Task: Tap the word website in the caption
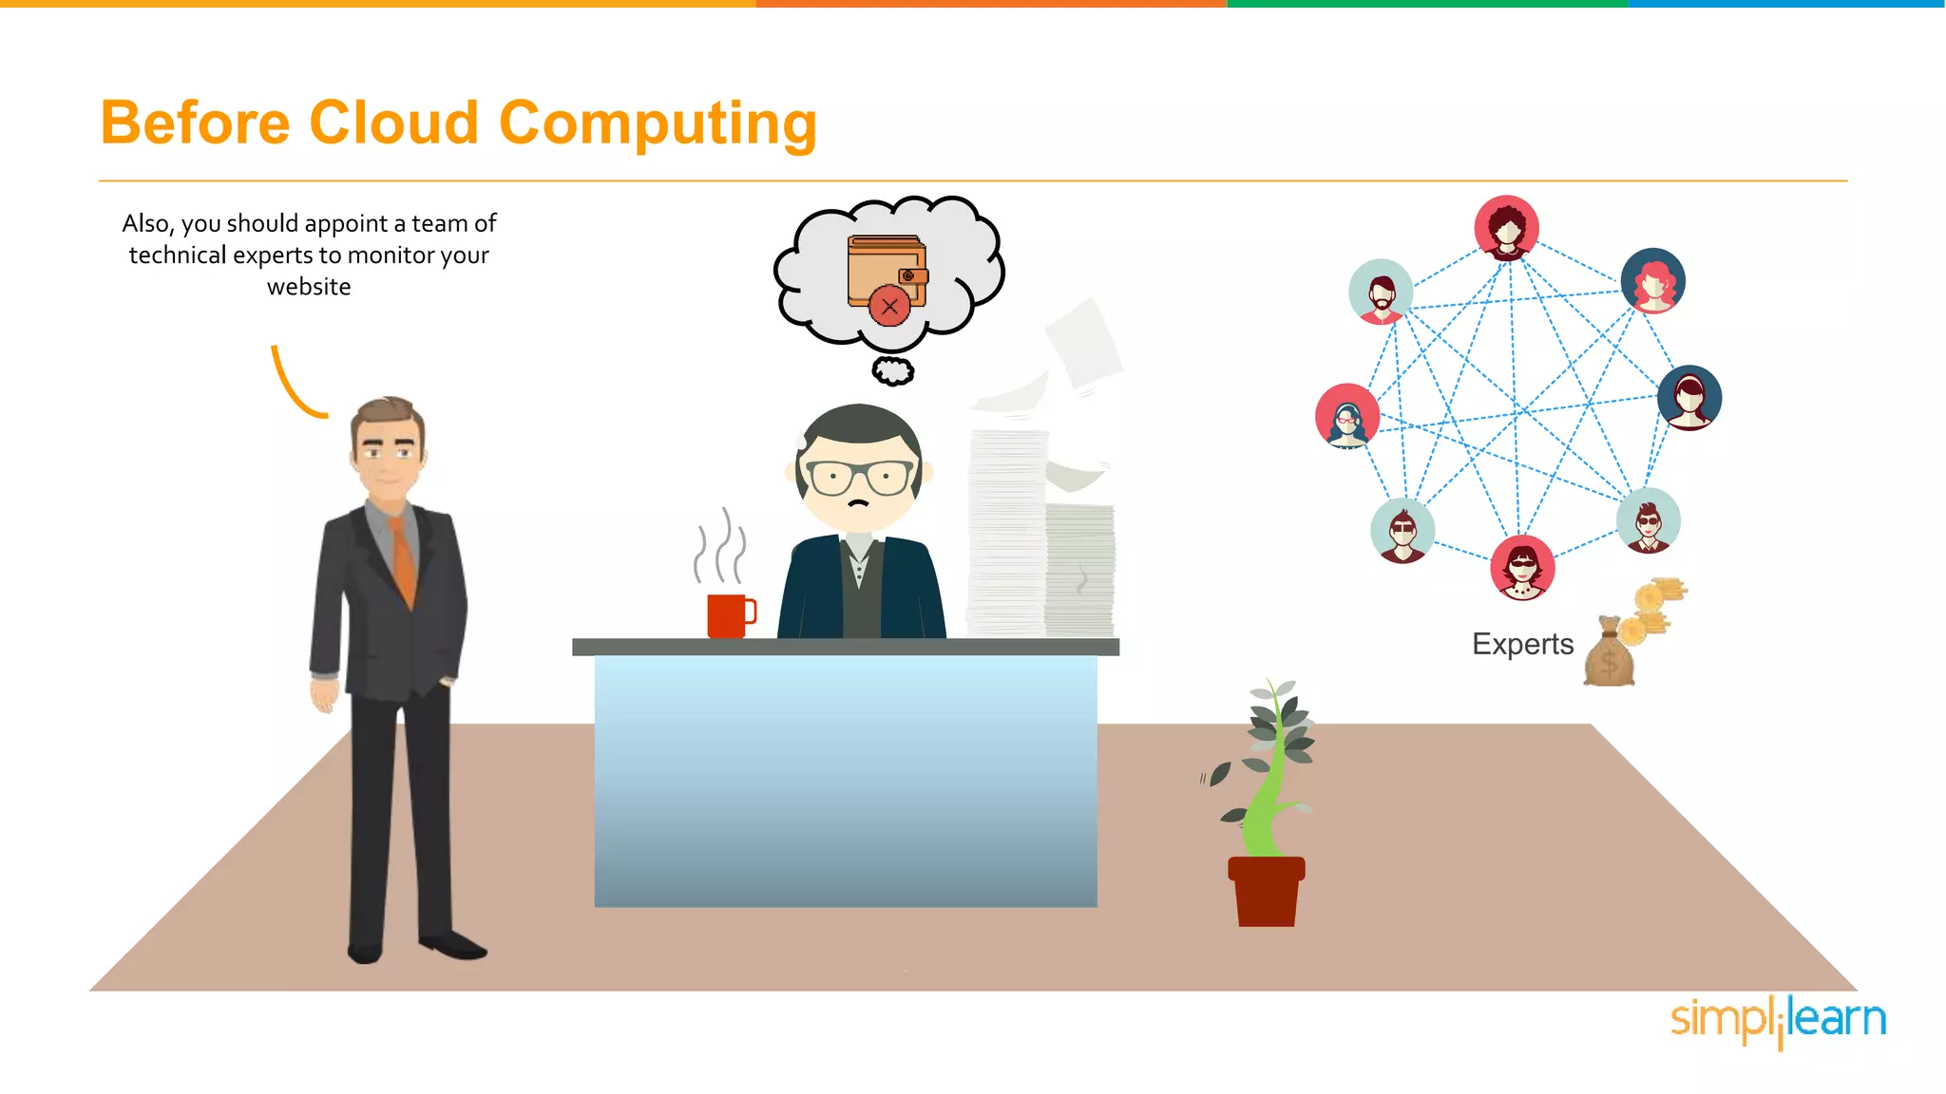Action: click(309, 287)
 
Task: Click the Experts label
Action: click(1522, 644)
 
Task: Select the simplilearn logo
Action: click(1778, 1020)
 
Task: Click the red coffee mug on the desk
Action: click(729, 615)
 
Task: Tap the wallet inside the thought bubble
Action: click(886, 271)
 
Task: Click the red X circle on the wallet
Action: click(889, 306)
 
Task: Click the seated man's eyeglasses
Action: click(859, 476)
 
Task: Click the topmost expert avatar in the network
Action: click(1506, 228)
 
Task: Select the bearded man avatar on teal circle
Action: click(1381, 292)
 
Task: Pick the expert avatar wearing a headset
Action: click(1347, 416)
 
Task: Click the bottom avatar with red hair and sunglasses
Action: click(1522, 568)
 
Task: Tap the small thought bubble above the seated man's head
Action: click(893, 370)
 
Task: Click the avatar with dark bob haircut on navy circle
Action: click(1689, 397)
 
